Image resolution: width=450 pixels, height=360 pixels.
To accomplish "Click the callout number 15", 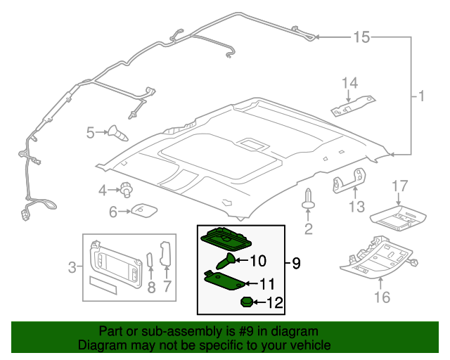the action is tap(361, 37).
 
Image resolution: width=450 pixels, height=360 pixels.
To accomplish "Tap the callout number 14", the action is tap(350, 83).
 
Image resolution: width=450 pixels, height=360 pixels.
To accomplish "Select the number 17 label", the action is tap(400, 186).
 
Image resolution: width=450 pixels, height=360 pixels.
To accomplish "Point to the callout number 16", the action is tap(382, 297).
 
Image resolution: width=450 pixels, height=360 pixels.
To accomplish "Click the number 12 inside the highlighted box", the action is tap(275, 302).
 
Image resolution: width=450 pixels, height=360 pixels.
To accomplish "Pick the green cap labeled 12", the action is tap(247, 302).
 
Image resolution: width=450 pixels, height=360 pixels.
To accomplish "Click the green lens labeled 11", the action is tap(224, 280).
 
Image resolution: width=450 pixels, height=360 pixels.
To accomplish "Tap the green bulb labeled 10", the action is tap(225, 261).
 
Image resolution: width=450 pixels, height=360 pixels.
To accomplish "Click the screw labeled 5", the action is tap(117, 133).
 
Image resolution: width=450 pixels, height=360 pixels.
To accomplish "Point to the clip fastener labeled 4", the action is tap(127, 189).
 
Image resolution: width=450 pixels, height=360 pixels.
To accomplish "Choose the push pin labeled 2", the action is tap(308, 199).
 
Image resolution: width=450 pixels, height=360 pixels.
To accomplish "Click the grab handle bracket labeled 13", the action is tap(349, 181).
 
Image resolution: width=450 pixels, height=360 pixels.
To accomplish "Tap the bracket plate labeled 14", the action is tap(353, 106).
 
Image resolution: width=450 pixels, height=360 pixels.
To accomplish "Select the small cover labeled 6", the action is tap(144, 210).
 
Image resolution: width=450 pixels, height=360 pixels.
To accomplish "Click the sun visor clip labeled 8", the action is tap(149, 260).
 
